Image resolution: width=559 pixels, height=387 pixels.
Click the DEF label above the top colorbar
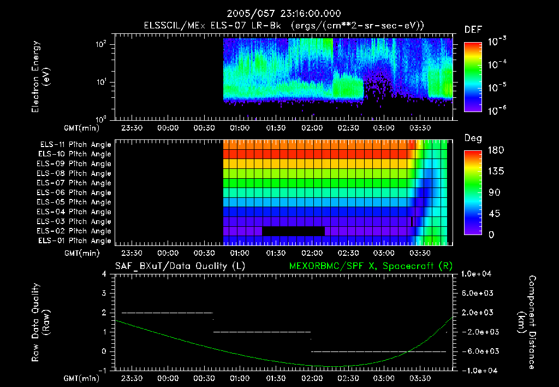coord(473,30)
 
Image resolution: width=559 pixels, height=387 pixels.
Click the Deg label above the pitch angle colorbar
coord(473,138)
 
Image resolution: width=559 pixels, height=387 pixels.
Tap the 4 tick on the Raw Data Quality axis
coord(104,274)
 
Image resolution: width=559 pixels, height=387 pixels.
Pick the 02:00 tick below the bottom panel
coord(311,378)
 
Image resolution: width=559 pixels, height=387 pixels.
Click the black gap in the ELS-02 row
coord(293,231)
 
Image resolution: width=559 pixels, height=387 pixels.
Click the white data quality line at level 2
coord(166,313)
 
